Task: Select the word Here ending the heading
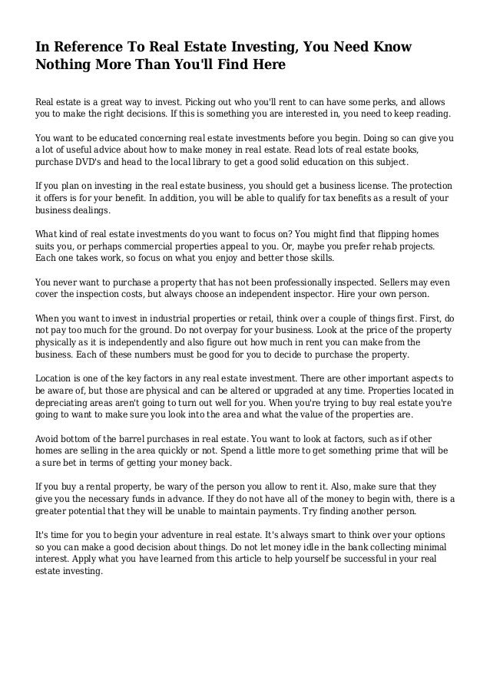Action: click(x=265, y=66)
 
